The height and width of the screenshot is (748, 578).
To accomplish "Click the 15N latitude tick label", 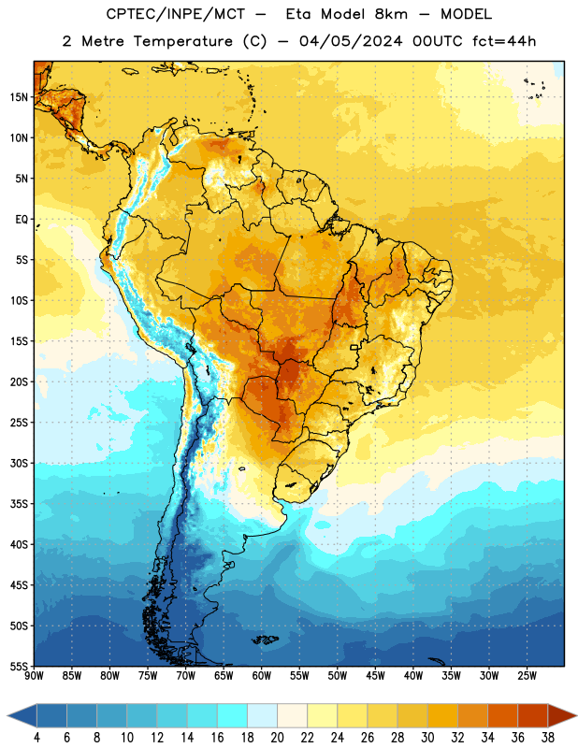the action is [x=19, y=97].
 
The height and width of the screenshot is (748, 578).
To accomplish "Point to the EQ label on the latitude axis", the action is [x=22, y=220].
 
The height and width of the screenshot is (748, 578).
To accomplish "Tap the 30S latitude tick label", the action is [x=19, y=464].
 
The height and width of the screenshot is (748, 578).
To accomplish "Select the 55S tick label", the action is [x=19, y=667].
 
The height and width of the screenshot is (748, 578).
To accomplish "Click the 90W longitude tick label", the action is [x=35, y=676].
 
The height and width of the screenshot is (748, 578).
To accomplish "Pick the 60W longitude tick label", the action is [x=262, y=676].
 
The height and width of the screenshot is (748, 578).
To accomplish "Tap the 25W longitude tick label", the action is [x=527, y=676].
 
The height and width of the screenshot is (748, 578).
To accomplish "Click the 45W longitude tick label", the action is [x=375, y=676].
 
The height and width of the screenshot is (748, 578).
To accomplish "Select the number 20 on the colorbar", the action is [x=277, y=738].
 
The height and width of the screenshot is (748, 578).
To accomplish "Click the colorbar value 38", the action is [x=548, y=738].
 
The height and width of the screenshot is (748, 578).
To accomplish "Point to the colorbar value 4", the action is [x=36, y=738].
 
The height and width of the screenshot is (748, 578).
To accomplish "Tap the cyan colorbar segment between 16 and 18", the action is [x=233, y=715].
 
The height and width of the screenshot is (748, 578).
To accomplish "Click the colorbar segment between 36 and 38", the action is [x=533, y=715].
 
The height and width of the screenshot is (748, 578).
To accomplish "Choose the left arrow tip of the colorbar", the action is [x=7, y=715].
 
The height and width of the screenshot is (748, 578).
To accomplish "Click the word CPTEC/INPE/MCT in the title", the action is [x=176, y=14].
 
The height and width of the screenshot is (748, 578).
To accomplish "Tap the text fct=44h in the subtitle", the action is [x=504, y=41].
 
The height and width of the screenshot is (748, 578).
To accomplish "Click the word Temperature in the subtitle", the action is [x=182, y=41].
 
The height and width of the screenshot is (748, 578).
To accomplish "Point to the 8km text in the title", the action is [x=391, y=14].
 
